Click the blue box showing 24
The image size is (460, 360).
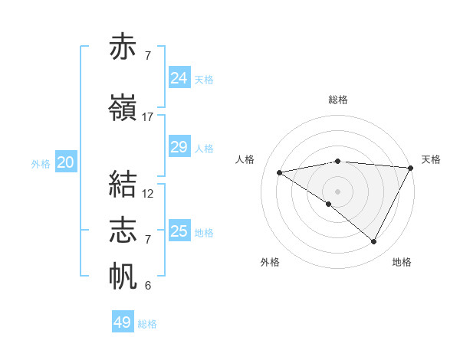(x=179, y=78)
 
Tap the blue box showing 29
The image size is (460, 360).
(x=179, y=147)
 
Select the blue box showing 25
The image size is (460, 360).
(x=179, y=231)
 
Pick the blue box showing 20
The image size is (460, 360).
(x=65, y=162)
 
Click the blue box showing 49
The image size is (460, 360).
(x=123, y=322)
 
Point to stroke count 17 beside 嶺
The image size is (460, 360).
(x=148, y=117)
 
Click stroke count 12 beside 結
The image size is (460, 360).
(x=148, y=194)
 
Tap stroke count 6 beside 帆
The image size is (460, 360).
(x=148, y=286)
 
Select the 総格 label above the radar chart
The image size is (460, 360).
(x=337, y=100)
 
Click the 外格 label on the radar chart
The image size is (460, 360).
(x=270, y=262)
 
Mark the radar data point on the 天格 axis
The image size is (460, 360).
(x=411, y=167)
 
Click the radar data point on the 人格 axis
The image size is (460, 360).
(x=280, y=172)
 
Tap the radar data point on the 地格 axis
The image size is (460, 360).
(x=374, y=242)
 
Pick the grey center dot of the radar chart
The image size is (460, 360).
(x=337, y=191)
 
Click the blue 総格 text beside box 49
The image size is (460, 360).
(x=148, y=324)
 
